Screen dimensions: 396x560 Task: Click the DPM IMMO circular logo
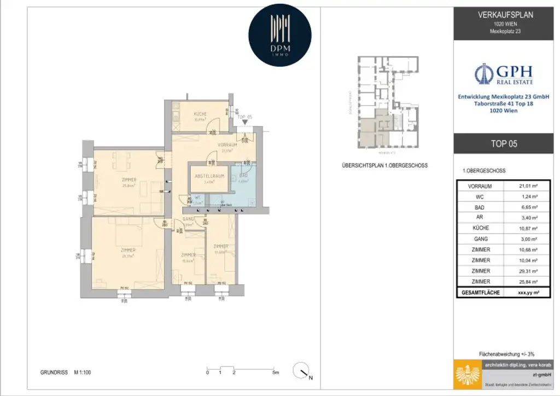279,35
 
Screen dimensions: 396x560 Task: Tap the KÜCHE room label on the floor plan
200,114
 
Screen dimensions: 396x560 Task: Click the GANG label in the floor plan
188,218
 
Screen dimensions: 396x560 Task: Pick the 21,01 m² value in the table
527,186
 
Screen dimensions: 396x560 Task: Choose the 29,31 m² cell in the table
527,271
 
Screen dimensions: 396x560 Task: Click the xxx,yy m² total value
527,293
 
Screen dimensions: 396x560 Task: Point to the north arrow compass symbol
300,371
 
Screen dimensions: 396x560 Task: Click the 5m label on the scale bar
275,372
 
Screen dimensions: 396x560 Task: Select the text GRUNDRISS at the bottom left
54,372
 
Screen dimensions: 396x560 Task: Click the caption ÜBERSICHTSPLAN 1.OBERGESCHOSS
384,165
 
